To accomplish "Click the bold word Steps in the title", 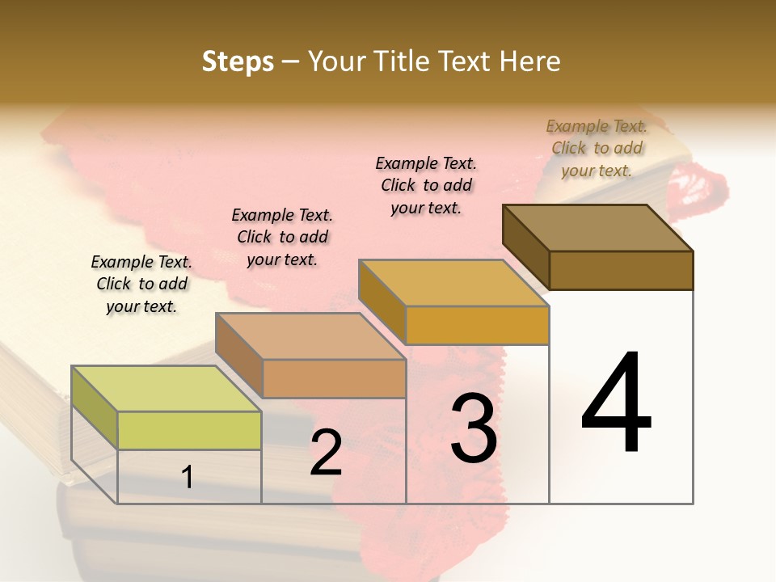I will [238, 61].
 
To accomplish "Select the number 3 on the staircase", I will [474, 428].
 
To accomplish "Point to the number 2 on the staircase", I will [326, 453].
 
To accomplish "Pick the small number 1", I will [188, 477].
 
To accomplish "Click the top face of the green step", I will [167, 388].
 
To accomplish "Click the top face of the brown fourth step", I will [598, 228].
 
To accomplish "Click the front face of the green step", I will [189, 430].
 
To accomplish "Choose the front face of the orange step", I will [477, 325].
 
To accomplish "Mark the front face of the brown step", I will [621, 270].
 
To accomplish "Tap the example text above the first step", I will [141, 284].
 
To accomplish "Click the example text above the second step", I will [282, 237].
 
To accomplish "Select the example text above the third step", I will [426, 185].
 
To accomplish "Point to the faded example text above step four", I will [597, 148].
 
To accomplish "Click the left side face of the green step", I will [95, 407].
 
